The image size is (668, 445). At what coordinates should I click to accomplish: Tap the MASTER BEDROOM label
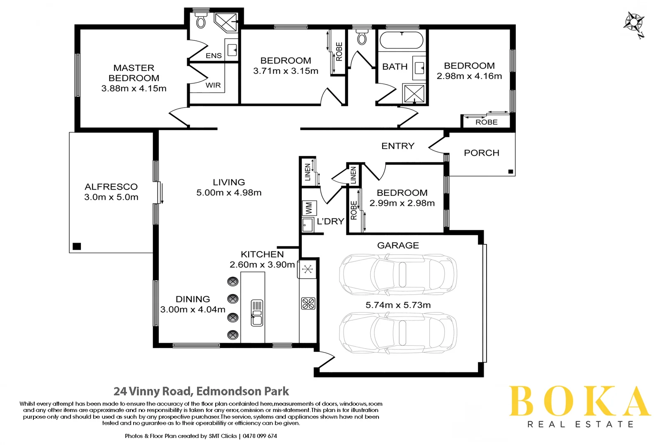(x=134, y=73)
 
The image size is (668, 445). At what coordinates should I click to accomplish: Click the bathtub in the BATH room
(x=401, y=41)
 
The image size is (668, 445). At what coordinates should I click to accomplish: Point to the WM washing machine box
(x=309, y=208)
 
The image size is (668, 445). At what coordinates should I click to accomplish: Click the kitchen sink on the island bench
(x=257, y=313)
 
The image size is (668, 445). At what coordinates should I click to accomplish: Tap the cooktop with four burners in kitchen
(x=308, y=304)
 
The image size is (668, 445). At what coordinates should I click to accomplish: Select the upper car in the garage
(x=398, y=274)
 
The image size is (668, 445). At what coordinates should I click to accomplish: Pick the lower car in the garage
(x=398, y=332)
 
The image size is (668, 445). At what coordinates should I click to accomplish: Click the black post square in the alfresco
(x=77, y=246)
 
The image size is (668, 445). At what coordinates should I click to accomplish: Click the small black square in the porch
(x=510, y=171)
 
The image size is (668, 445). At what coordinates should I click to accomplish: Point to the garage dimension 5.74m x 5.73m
(x=398, y=305)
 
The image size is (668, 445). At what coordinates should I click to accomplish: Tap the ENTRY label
(x=398, y=146)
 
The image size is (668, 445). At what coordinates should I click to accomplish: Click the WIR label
(x=213, y=85)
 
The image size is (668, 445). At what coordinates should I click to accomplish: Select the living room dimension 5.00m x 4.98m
(x=229, y=192)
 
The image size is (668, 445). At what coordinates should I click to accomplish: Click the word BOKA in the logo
(x=579, y=401)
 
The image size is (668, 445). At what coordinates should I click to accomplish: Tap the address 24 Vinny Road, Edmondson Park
(x=201, y=391)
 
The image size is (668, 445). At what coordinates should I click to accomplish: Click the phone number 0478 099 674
(x=260, y=436)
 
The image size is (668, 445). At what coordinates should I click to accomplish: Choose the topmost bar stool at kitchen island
(x=233, y=281)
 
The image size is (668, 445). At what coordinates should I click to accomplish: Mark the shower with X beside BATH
(x=414, y=94)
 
